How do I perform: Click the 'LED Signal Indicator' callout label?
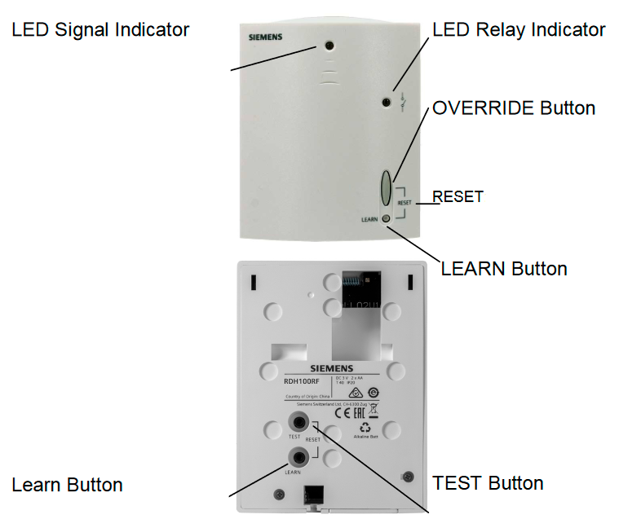(x=100, y=30)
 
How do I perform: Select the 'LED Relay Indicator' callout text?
(x=519, y=30)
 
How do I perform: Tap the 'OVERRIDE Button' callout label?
(x=514, y=108)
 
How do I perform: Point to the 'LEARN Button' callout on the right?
(x=504, y=268)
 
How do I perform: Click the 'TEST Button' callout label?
(x=488, y=483)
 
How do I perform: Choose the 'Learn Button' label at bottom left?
(x=67, y=486)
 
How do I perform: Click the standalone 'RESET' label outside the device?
(x=458, y=196)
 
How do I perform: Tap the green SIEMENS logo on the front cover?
(x=267, y=37)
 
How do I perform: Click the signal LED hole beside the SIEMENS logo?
(x=328, y=46)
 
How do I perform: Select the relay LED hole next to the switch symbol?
(x=387, y=103)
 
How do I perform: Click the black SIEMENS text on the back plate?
(x=331, y=368)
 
